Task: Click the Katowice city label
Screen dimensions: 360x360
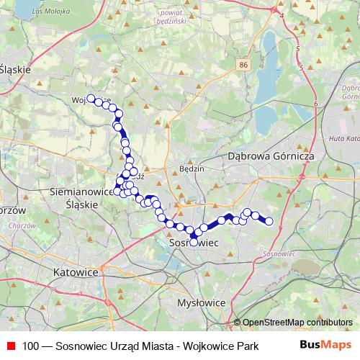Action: pos(76,273)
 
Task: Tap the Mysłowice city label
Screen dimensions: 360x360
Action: pos(202,303)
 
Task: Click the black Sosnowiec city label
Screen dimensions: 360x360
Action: pos(194,244)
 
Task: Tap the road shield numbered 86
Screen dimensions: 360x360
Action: pos(243,65)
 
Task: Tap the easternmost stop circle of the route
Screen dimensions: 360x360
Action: pos(269,221)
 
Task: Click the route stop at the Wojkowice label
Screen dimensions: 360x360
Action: pos(91,99)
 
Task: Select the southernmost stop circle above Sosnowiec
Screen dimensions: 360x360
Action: pos(193,242)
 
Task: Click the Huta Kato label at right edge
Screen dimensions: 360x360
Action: pos(344,138)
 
